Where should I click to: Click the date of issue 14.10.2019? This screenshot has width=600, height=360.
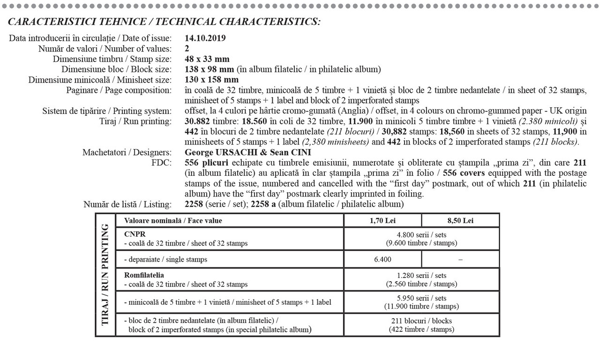(205, 38)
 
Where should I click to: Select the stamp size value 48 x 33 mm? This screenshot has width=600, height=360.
(207, 59)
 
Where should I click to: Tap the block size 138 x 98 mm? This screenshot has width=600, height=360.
(210, 69)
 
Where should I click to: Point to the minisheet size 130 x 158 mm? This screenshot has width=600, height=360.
(212, 80)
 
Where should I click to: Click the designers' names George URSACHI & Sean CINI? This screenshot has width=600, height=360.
(248, 152)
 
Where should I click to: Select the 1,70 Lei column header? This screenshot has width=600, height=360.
(382, 220)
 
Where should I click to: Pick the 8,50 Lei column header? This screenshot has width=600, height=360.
(460, 220)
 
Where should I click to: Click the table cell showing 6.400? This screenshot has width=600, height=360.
(382, 259)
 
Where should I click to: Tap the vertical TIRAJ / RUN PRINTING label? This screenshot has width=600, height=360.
(105, 275)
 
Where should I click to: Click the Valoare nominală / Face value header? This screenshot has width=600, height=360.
(172, 220)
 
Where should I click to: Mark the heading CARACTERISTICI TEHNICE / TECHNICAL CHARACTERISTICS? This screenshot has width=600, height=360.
(164, 22)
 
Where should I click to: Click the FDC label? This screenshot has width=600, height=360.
(164, 163)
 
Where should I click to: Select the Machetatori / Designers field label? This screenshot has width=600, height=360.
(127, 152)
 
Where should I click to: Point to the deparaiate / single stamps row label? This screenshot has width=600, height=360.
(165, 259)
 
